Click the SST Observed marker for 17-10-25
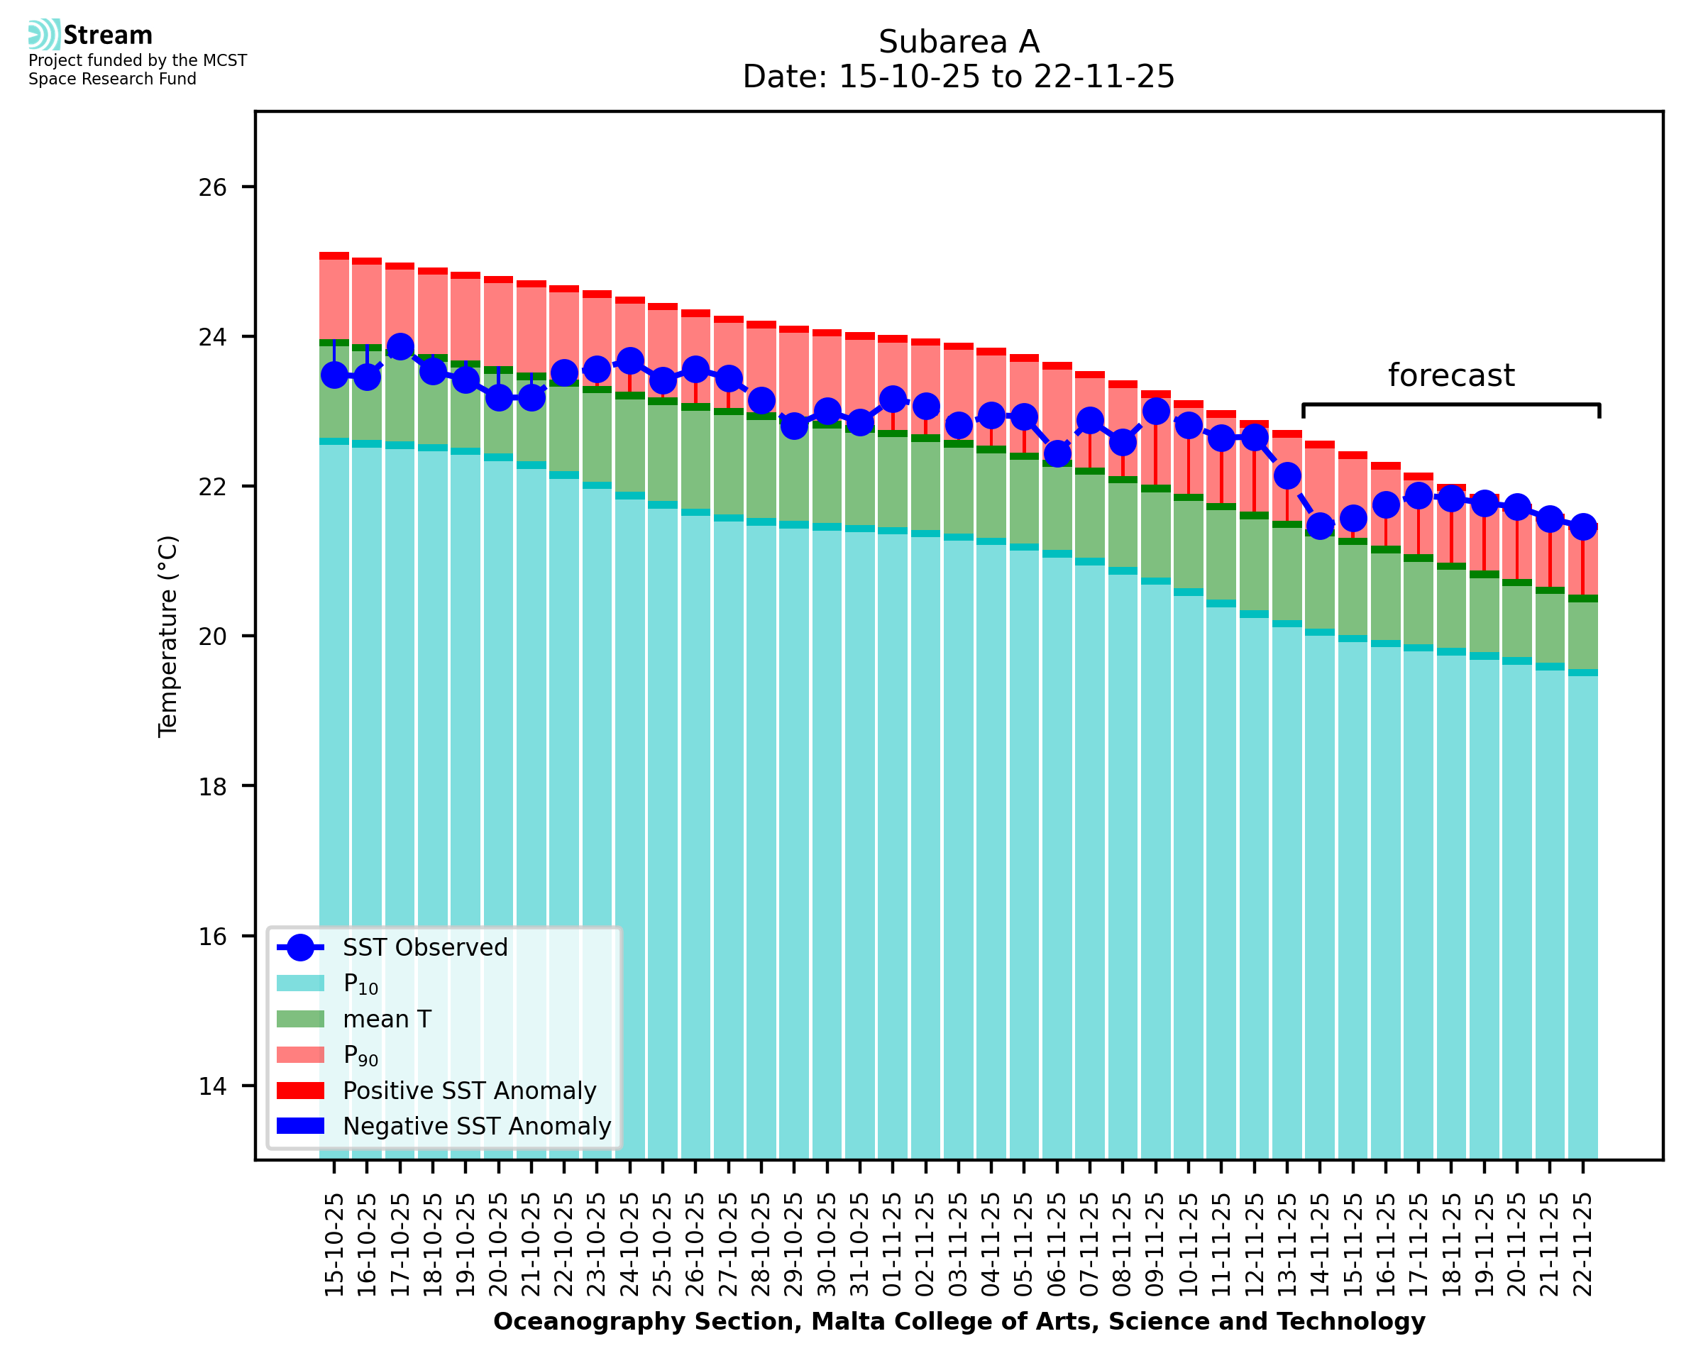point(400,347)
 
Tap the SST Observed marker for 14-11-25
point(1320,525)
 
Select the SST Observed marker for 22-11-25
point(1582,526)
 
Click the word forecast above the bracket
point(1450,375)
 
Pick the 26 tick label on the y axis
point(212,187)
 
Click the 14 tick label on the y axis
point(212,1086)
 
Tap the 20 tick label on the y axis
point(212,636)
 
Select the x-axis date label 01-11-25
point(893,1245)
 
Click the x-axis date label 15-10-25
point(334,1245)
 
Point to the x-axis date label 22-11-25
point(1582,1245)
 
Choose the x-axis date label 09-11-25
point(1155,1245)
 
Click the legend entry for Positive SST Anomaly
point(468,1091)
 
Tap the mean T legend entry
point(386,1019)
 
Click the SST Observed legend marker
point(300,948)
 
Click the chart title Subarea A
point(959,42)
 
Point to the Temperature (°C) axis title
point(168,636)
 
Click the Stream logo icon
point(44,35)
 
